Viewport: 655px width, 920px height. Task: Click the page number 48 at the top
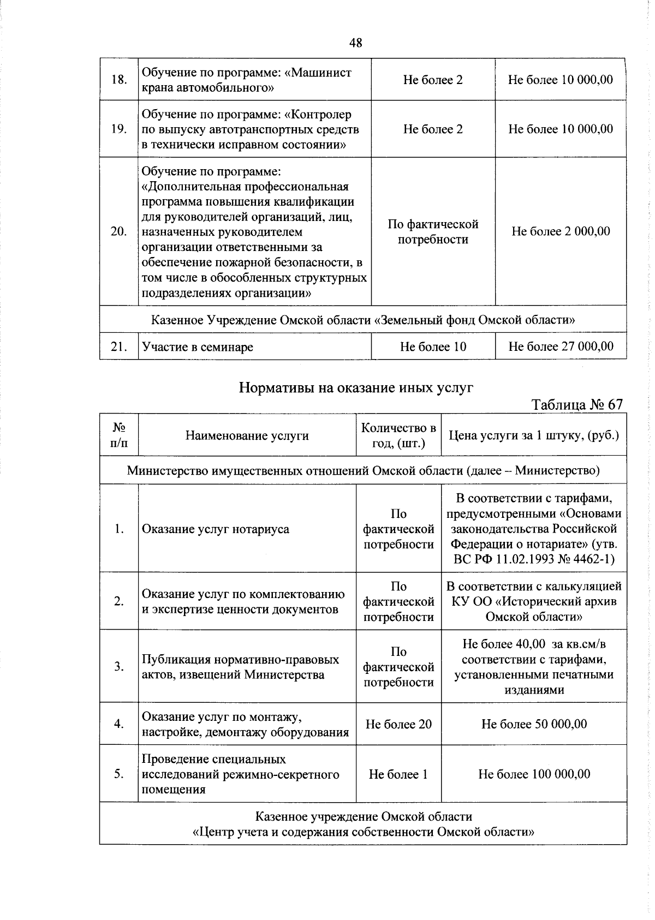point(355,43)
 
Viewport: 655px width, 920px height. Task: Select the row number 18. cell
point(119,80)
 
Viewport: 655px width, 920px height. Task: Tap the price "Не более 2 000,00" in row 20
point(561,231)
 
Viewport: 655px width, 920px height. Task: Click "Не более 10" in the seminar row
point(433,347)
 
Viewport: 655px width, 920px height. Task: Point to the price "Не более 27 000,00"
point(561,347)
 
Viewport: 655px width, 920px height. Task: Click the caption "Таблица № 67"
point(576,404)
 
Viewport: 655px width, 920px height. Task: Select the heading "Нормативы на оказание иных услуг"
point(356,387)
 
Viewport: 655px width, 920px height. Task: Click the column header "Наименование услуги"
point(247,435)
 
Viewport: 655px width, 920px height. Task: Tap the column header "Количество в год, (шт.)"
point(398,435)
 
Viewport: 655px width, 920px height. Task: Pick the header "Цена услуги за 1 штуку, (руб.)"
point(534,435)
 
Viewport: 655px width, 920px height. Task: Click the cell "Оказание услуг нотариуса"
point(216,529)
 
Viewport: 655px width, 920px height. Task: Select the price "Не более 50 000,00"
point(534,724)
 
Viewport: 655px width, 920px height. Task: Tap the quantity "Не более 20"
point(398,724)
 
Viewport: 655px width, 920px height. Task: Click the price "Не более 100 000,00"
point(534,774)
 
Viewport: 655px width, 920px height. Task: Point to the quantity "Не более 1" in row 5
point(398,774)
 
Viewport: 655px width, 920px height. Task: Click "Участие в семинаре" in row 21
point(198,347)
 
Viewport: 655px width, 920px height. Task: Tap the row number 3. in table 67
point(119,666)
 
